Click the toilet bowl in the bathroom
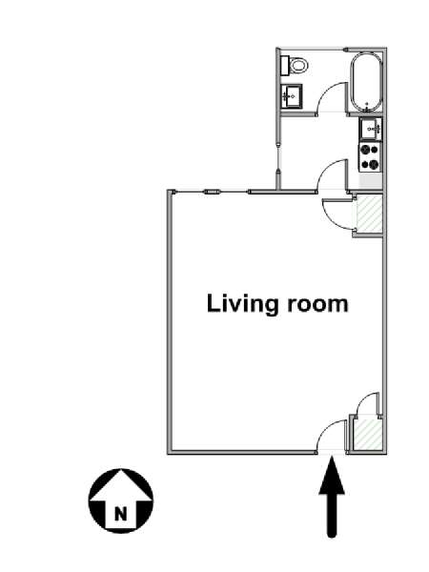point(298,66)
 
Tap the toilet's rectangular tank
point(286,66)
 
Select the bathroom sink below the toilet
point(292,96)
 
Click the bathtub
point(367,83)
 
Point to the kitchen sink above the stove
point(371,129)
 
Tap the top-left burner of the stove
point(364,150)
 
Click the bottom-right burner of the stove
point(374,165)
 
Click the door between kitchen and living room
point(331,174)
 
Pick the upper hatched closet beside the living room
point(369,214)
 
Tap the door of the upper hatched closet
point(337,214)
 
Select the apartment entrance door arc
point(330,437)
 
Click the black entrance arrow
point(332,498)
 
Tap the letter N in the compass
point(121,514)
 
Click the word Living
point(242,304)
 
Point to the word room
point(317,305)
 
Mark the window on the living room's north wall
point(212,192)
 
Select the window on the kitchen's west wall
point(278,158)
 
